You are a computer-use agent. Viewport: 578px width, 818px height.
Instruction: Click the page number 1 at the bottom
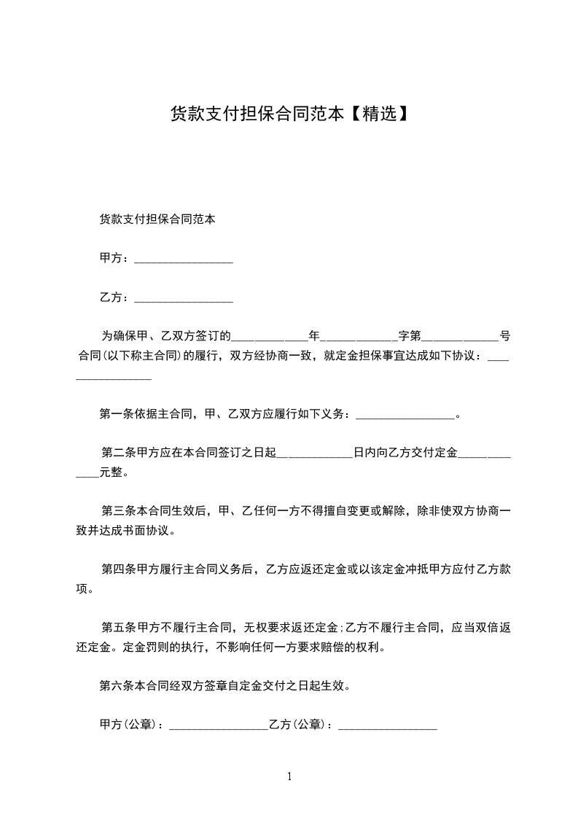[289, 776]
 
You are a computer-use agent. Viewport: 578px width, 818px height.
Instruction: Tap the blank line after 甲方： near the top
[184, 260]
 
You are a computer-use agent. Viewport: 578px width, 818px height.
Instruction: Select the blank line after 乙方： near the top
[184, 299]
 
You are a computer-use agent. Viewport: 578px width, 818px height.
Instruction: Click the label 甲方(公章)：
[133, 725]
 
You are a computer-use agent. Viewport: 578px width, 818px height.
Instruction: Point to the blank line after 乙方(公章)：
[388, 727]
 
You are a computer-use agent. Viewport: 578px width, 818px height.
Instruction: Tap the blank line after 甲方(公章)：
[218, 727]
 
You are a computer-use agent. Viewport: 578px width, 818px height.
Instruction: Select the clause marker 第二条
[117, 453]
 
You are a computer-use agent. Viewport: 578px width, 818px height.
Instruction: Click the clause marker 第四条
[117, 569]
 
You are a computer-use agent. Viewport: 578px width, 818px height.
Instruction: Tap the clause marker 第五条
[117, 627]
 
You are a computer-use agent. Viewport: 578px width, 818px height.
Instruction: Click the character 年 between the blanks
[314, 337]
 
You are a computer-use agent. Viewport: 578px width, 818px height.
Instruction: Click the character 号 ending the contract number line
[504, 337]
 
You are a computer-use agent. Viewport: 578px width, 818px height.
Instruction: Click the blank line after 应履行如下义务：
[405, 416]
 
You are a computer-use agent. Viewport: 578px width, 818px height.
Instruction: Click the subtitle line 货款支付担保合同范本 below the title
[157, 219]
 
